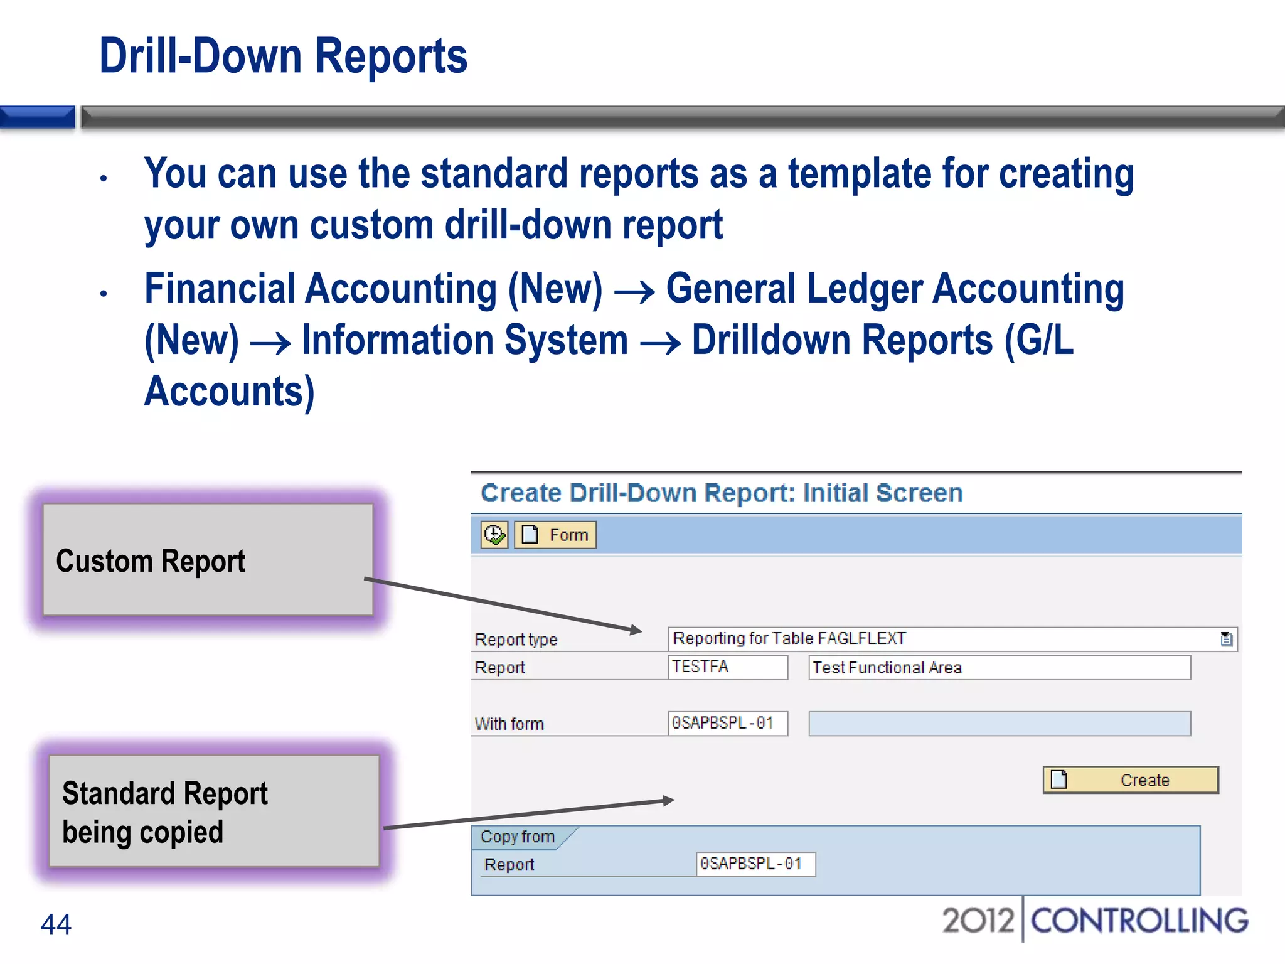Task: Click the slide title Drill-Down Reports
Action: pyautogui.click(x=283, y=56)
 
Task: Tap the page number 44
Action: pyautogui.click(x=56, y=924)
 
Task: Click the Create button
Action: pyautogui.click(x=1130, y=780)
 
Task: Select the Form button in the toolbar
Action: pyautogui.click(x=555, y=535)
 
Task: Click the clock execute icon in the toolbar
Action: pyautogui.click(x=494, y=535)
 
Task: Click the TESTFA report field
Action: pyautogui.click(x=727, y=667)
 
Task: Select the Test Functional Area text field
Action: pyautogui.click(x=999, y=668)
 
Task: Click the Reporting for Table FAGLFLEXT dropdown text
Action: pyautogui.click(x=789, y=639)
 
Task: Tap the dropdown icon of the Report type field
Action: pyautogui.click(x=1227, y=640)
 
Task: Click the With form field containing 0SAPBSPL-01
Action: pyautogui.click(x=727, y=723)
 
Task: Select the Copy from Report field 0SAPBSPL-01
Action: pyautogui.click(x=755, y=864)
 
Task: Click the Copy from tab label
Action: pyautogui.click(x=518, y=837)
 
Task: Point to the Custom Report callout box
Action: pyautogui.click(x=208, y=560)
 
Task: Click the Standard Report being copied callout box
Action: pyautogui.click(x=214, y=811)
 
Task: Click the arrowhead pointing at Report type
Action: pyautogui.click(x=636, y=629)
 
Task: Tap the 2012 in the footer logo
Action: pyautogui.click(x=978, y=921)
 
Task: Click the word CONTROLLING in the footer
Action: pyautogui.click(x=1139, y=921)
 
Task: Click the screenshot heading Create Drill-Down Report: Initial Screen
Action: pyautogui.click(x=722, y=493)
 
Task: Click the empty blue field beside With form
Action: pyautogui.click(x=999, y=724)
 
